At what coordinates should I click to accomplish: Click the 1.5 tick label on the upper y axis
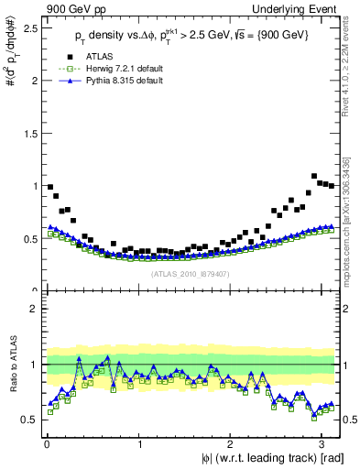pyautogui.click(x=27, y=133)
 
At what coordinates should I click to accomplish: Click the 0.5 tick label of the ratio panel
pyautogui.click(x=27, y=420)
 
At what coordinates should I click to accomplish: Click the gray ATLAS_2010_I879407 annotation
pyautogui.click(x=189, y=272)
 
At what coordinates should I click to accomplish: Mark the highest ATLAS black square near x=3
pyautogui.click(x=314, y=176)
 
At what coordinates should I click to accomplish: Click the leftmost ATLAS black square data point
pyautogui.click(x=49, y=187)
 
